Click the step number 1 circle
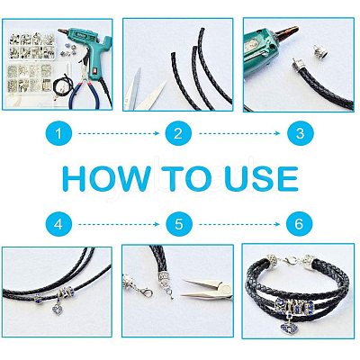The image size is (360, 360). [x=58, y=133]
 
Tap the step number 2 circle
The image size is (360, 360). [x=178, y=133]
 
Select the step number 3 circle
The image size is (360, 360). [x=300, y=133]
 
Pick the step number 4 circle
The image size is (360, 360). [x=58, y=224]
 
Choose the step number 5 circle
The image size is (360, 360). [x=178, y=224]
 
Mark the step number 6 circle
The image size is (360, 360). [x=299, y=224]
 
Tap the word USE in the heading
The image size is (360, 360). [x=261, y=179]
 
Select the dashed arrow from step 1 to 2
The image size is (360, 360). [x=119, y=133]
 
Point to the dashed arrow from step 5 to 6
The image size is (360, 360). [x=239, y=224]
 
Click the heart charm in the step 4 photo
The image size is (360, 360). [x=56, y=309]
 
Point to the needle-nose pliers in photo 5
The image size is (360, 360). [x=207, y=289]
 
